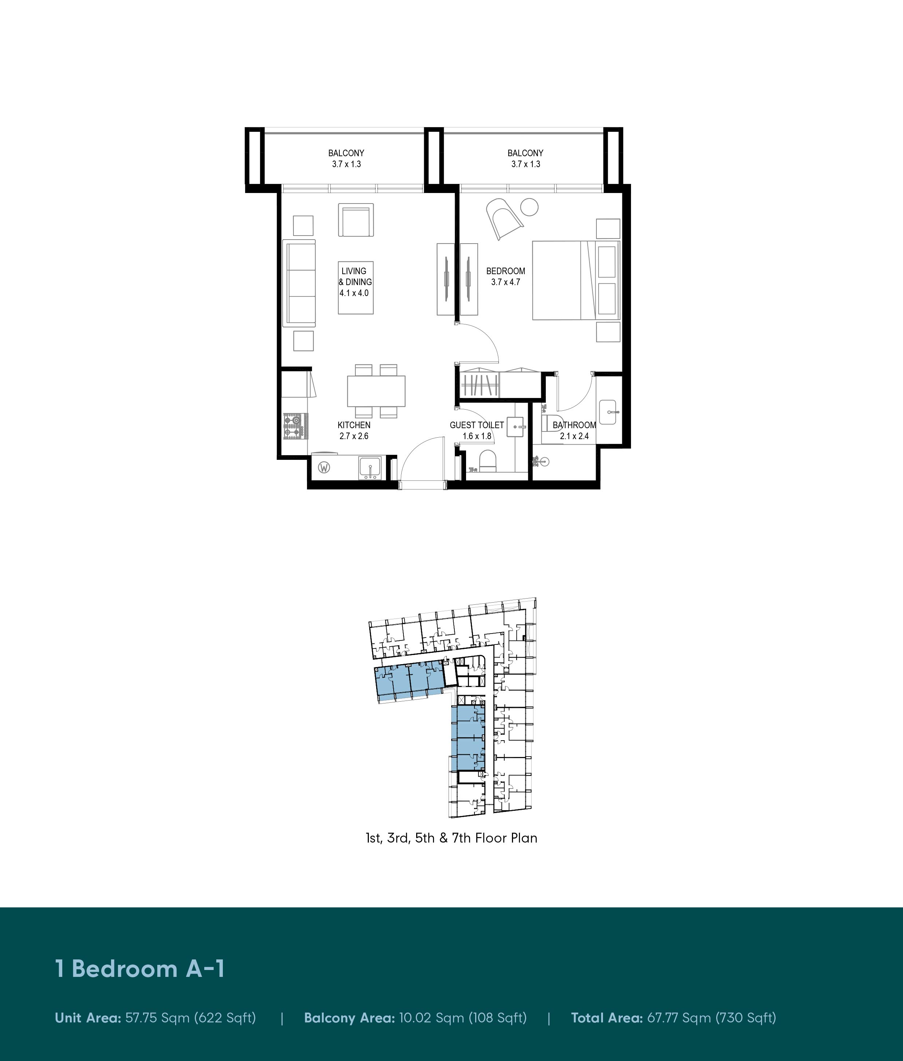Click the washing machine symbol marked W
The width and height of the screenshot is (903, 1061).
tap(324, 467)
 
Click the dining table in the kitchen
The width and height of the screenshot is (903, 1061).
tap(376, 391)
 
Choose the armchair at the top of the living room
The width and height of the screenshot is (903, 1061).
tap(356, 220)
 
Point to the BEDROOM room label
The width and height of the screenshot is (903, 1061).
tap(506, 271)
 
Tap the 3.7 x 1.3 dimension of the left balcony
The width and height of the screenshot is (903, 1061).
tap(347, 164)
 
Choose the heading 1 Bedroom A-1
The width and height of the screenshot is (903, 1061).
tap(140, 969)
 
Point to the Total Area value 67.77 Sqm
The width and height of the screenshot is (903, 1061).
tap(711, 1018)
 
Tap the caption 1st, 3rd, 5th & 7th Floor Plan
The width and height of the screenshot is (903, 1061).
tap(451, 838)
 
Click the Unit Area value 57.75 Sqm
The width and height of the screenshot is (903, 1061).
tap(190, 1018)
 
